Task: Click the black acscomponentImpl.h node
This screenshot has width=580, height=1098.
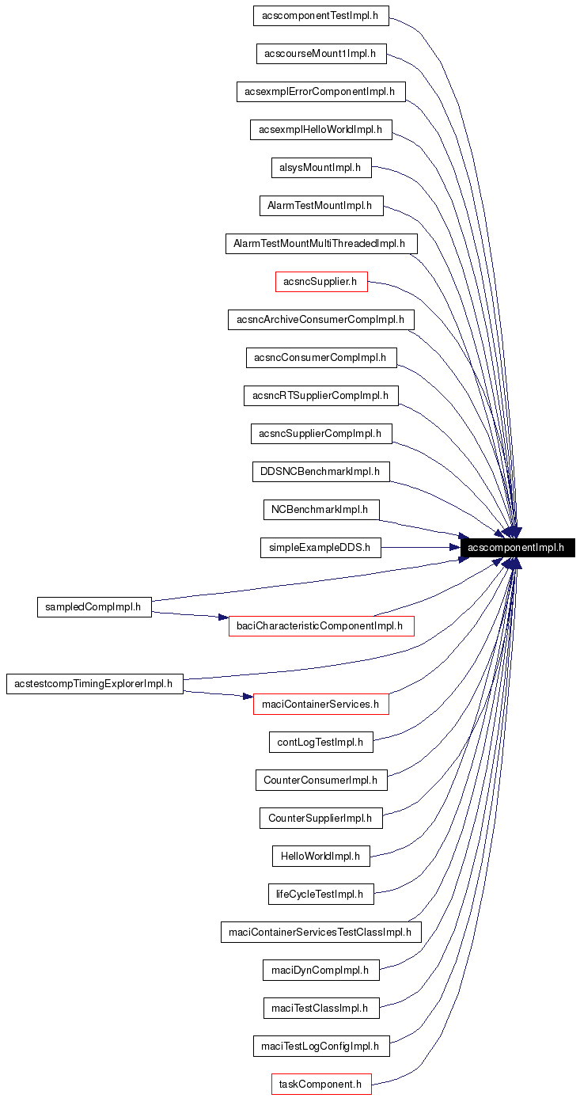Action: (517, 548)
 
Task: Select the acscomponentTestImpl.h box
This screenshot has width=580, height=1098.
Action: (321, 16)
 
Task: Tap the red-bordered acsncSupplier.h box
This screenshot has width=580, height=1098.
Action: (321, 281)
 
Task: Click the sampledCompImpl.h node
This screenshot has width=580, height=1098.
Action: (94, 607)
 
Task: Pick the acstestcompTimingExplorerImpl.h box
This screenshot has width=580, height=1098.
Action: (95, 684)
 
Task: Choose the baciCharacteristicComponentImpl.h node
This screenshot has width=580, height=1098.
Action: (321, 626)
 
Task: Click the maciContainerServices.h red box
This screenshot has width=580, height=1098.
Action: (321, 704)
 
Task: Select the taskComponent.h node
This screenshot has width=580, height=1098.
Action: (321, 1084)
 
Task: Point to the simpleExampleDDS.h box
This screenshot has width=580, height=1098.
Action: (320, 548)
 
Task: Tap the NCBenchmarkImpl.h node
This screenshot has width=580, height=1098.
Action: (320, 510)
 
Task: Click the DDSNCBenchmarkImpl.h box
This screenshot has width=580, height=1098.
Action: (320, 472)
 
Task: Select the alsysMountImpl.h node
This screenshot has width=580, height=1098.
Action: (320, 167)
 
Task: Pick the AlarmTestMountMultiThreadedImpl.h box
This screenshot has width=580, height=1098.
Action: (320, 244)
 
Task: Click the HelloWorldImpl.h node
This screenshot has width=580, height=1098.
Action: (320, 856)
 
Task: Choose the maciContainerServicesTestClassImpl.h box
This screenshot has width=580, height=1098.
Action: (320, 932)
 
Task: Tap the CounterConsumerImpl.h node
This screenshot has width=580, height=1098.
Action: (320, 780)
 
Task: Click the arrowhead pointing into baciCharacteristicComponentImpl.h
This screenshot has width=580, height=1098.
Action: (223, 617)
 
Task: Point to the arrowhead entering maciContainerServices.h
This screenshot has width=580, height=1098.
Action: (248, 697)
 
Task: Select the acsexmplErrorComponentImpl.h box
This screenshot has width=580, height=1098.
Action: (320, 92)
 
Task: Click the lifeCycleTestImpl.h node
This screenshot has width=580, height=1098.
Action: (320, 894)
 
